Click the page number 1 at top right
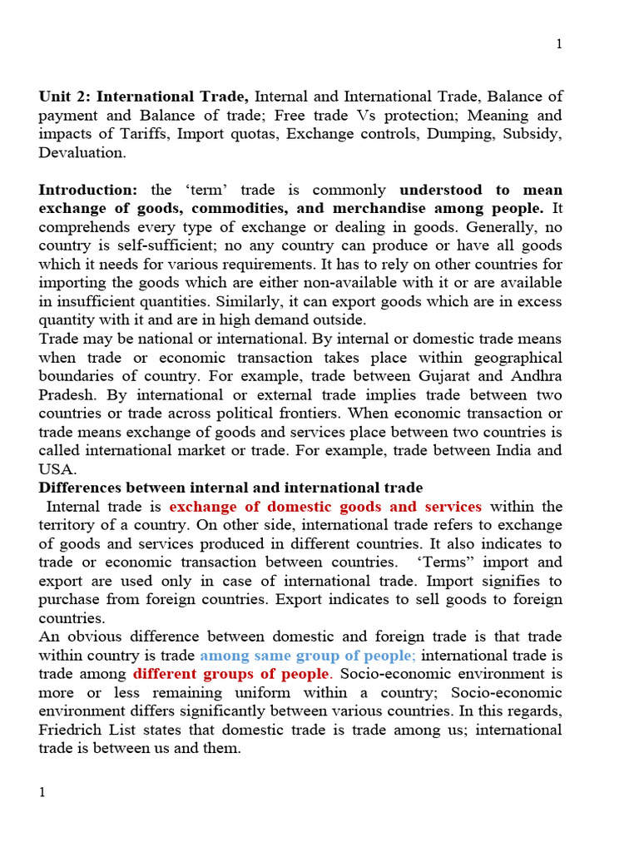pos(559,44)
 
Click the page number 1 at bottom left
pos(42,792)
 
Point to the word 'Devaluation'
pos(81,152)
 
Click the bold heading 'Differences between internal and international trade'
pos(230,488)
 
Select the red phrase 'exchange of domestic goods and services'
pos(325,507)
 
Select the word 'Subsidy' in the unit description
pos(534,134)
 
